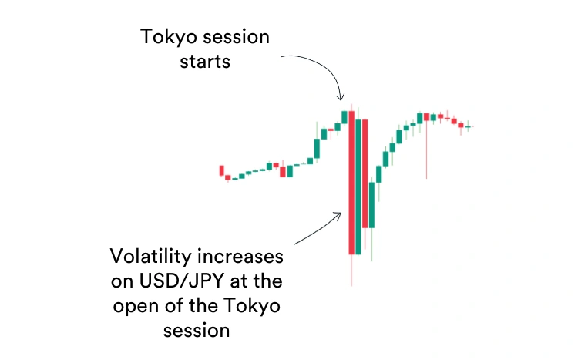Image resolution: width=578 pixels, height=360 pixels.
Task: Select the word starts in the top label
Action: pos(205,62)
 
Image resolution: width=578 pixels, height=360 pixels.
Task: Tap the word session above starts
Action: pos(237,37)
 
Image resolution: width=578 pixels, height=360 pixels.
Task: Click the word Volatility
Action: pos(151,256)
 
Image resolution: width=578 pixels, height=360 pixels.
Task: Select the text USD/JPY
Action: pos(181,281)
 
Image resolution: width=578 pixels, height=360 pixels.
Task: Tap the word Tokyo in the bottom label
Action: pos(252,307)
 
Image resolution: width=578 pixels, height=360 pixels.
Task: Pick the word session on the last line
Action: pos(197,331)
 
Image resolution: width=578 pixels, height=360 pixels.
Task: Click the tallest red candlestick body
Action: pos(351,183)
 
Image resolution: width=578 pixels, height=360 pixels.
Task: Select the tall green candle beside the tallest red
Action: pos(358,187)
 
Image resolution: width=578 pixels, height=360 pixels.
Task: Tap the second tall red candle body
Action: pos(365,173)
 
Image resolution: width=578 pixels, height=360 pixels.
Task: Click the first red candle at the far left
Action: pos(221,170)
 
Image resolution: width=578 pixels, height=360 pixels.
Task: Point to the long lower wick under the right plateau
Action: pos(426,150)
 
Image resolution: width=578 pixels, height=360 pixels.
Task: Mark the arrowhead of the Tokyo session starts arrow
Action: pos(341,97)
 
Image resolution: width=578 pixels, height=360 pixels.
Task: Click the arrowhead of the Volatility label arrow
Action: pos(338,215)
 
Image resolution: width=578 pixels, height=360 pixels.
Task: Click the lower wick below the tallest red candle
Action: pos(351,270)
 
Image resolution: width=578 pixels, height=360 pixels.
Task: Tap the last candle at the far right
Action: pos(468,126)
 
